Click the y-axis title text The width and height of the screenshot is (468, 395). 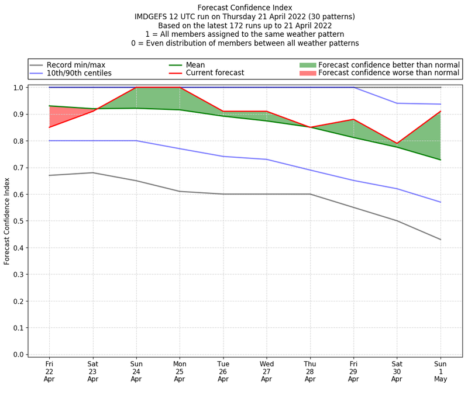point(7,221)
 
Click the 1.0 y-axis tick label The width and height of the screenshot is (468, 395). point(19,88)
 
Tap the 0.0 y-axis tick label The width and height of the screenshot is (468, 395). point(19,355)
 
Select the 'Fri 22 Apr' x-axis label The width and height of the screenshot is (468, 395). point(49,371)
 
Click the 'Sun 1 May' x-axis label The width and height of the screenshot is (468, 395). point(441,371)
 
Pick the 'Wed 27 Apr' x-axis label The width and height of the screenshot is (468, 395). point(267,371)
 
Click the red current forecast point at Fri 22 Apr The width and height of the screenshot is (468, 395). point(49,127)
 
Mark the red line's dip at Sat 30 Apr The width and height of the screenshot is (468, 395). point(397,143)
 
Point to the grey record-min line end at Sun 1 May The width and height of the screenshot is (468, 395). point(441,240)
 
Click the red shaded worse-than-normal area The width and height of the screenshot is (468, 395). point(58,116)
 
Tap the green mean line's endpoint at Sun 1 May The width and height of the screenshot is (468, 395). point(441,160)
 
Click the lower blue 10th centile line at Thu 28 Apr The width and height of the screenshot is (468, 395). point(310,170)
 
